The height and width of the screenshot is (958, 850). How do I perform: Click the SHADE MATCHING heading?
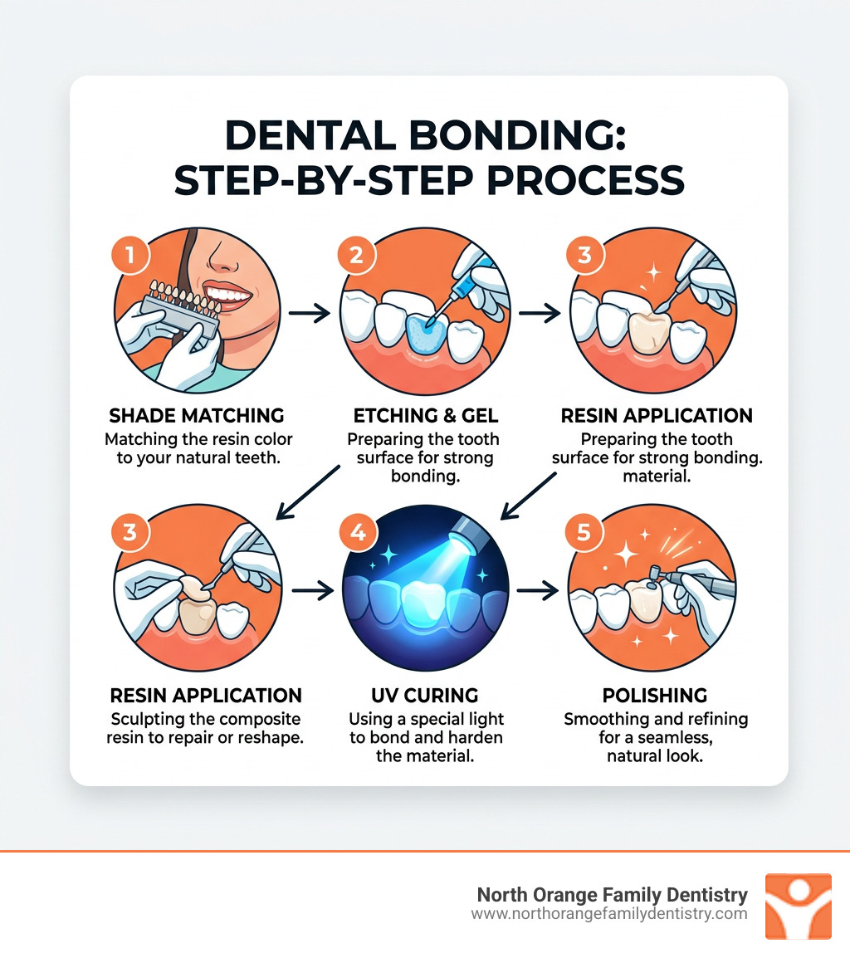click(197, 415)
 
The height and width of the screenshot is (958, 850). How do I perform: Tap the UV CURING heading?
click(426, 695)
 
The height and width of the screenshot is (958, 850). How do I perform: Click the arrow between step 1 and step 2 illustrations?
click(310, 313)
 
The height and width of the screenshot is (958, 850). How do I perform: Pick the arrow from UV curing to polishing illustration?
click(537, 591)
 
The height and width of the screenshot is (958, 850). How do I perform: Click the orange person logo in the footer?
click(798, 906)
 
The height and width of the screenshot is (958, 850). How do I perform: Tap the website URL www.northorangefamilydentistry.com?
click(609, 914)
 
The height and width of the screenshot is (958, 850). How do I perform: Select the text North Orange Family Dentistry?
click(613, 895)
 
